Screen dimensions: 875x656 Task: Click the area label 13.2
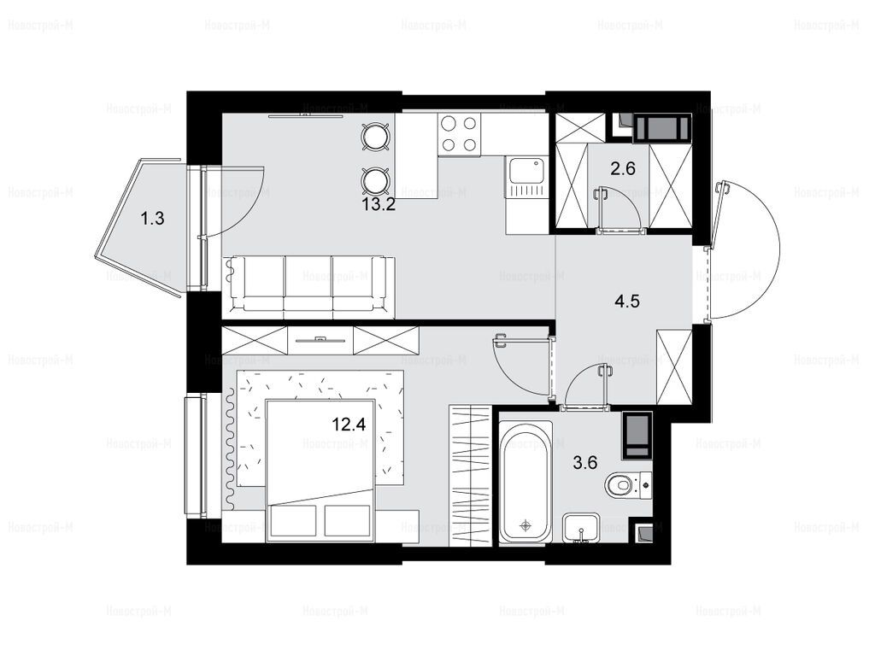tap(379, 205)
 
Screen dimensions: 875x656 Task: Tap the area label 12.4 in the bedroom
tap(349, 425)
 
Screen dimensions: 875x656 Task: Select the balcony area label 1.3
tap(152, 218)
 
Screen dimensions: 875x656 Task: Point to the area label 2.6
tap(623, 168)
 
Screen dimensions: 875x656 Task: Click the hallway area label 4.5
tap(626, 302)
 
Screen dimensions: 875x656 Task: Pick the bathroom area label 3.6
tap(585, 462)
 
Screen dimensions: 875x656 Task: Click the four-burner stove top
tap(460, 134)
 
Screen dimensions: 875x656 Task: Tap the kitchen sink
tap(526, 178)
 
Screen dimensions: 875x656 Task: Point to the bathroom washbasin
tap(581, 528)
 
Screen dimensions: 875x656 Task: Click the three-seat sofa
tap(308, 287)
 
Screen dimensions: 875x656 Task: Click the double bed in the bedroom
tap(320, 471)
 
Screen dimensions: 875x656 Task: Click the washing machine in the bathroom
tap(637, 436)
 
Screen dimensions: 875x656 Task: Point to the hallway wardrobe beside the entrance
tap(674, 367)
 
